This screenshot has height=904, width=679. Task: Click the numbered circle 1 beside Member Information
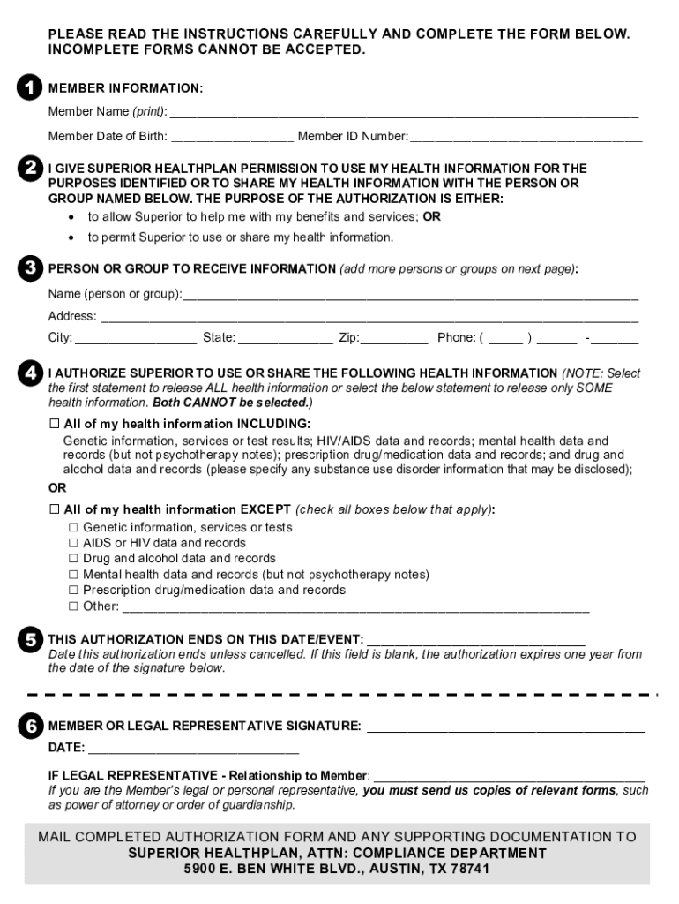29,87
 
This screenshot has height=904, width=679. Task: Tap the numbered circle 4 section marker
29,373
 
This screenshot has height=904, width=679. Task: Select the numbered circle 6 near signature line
29,726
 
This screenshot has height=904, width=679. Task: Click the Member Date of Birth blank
232,137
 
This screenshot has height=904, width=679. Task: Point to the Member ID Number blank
526,137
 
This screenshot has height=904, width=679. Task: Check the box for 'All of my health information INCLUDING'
54,424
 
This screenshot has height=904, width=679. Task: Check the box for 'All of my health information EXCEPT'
54,509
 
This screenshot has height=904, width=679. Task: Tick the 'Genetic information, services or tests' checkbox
73,527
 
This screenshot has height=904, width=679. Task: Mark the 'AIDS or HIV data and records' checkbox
73,543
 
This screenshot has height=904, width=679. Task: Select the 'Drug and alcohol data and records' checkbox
73,559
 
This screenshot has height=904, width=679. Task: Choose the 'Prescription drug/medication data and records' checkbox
73,591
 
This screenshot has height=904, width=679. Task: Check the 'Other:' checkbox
73,606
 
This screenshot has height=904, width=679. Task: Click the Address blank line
369,317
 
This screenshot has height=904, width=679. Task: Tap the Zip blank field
394,338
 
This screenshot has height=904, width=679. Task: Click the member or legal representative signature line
505,727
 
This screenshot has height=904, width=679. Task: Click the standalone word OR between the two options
56,488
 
